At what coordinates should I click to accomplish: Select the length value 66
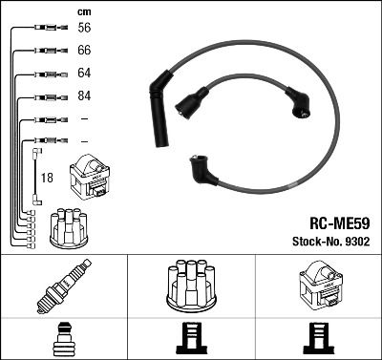84,51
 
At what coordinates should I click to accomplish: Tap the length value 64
84,74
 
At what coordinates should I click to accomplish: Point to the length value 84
84,96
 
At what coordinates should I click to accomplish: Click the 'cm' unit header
83,11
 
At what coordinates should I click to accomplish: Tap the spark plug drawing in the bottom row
62,286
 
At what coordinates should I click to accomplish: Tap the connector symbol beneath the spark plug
63,338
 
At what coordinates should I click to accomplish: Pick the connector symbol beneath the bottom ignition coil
318,339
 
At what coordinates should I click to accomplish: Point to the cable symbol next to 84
43,96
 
